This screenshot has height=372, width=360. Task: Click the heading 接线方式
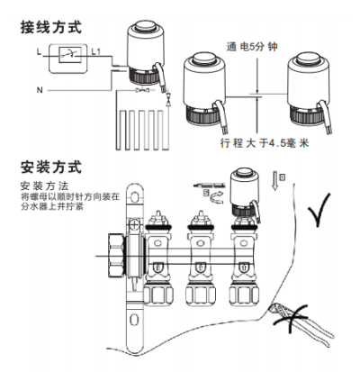point(51,27)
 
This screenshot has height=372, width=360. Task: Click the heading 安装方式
point(51,168)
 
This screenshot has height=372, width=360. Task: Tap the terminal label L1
point(96,52)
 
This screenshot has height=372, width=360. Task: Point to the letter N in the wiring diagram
point(40,90)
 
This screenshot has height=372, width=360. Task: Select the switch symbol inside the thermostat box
point(69,55)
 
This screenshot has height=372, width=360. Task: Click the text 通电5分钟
point(252,47)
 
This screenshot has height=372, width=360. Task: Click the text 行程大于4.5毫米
point(264,143)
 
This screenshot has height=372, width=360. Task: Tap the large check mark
point(319,210)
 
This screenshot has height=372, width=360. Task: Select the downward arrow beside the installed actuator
point(274,181)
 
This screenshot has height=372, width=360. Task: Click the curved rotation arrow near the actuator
point(217,198)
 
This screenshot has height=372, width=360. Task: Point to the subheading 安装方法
point(45,186)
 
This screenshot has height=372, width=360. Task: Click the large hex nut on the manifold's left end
point(115,256)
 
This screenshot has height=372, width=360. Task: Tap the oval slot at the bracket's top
point(135,197)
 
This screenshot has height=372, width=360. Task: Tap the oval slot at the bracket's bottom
point(134,320)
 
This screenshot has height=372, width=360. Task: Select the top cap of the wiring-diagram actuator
point(146,26)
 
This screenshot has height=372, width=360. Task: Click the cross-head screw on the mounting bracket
point(135,224)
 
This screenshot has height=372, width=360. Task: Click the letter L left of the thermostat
point(39,52)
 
